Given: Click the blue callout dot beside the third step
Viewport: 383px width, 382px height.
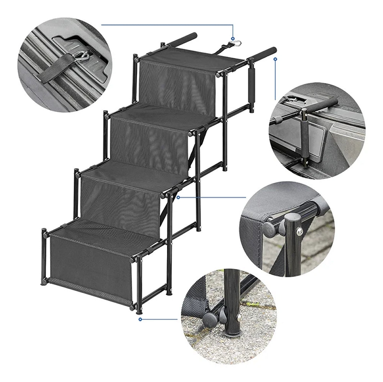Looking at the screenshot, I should (x=178, y=198).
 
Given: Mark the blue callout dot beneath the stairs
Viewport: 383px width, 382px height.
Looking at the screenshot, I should (x=140, y=319).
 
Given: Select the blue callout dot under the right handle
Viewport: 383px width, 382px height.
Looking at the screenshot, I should (x=275, y=59).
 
